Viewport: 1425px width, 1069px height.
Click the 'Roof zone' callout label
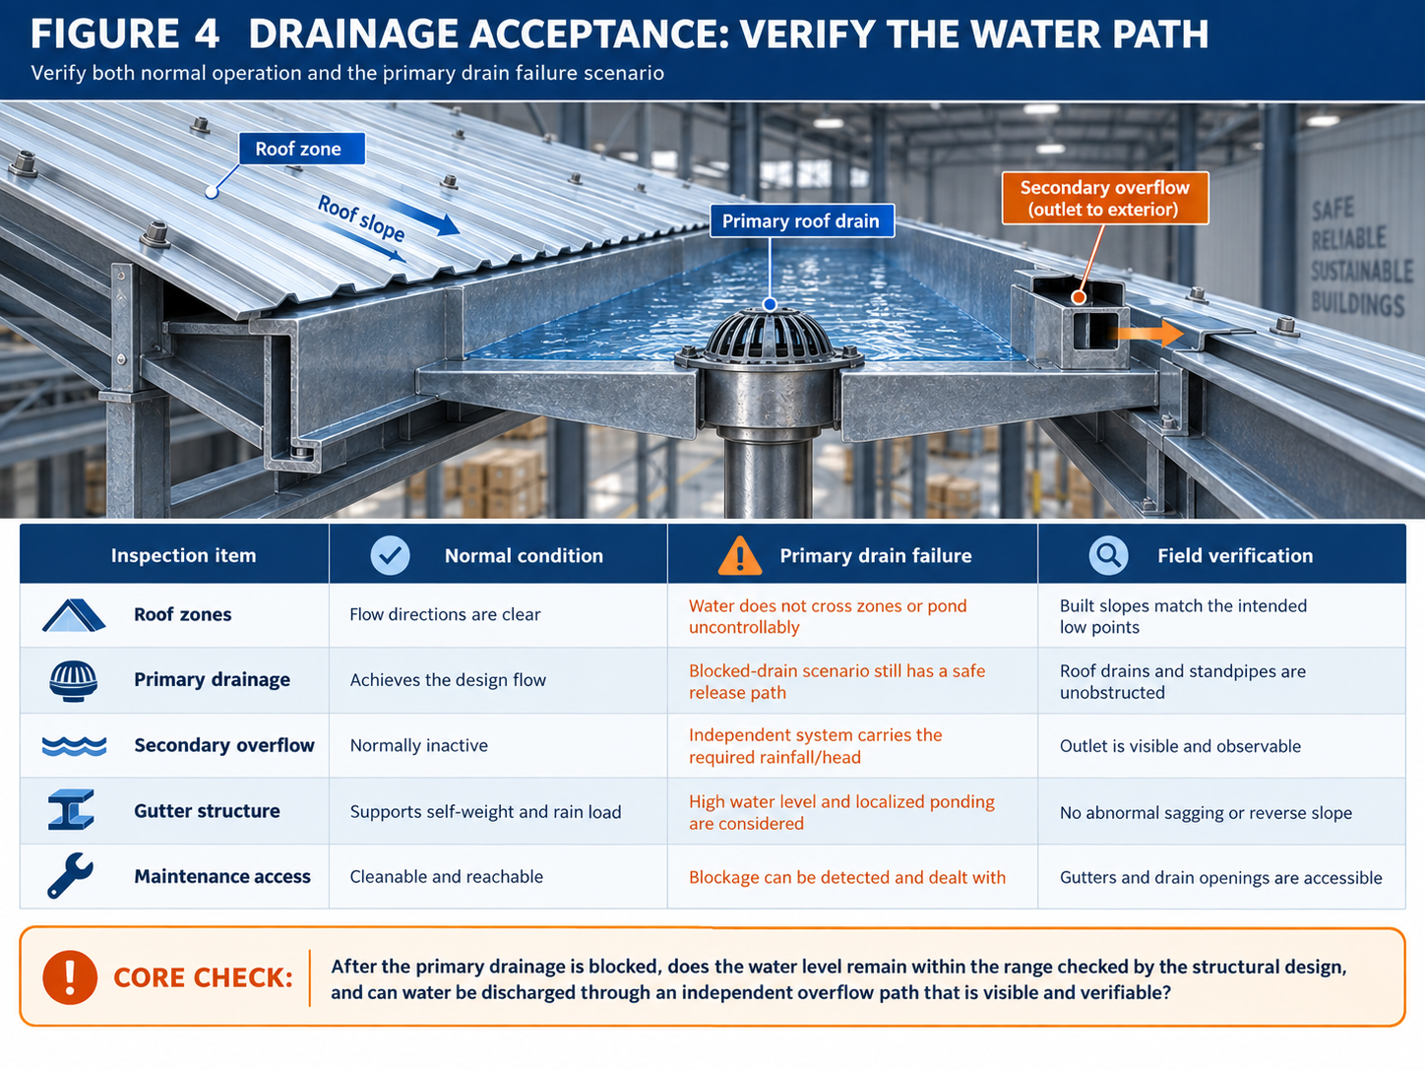click(301, 149)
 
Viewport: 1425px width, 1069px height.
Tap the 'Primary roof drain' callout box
click(801, 220)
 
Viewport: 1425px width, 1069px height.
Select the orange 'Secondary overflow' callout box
click(1104, 198)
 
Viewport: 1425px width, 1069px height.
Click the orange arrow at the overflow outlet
click(1146, 334)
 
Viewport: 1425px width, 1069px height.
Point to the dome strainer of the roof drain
click(770, 338)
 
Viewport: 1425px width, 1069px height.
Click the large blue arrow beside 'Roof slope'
click(425, 218)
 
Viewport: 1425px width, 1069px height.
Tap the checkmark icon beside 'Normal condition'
click(390, 555)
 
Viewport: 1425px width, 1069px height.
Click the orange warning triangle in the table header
click(739, 555)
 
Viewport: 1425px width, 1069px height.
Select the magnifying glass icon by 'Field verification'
click(1108, 555)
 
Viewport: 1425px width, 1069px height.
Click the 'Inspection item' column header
click(183, 555)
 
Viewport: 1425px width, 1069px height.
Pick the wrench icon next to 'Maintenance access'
click(70, 876)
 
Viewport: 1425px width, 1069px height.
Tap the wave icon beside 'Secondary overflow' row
click(74, 746)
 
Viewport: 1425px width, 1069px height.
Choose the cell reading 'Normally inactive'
click(418, 745)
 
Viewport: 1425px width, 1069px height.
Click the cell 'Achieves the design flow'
click(448, 679)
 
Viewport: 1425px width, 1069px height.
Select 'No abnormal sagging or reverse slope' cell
click(1206, 813)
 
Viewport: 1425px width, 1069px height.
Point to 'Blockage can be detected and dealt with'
click(847, 877)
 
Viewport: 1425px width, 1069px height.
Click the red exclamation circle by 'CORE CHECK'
click(70, 977)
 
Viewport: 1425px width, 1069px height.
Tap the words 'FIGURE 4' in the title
click(125, 33)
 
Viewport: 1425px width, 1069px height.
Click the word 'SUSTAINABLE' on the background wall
click(1361, 271)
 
